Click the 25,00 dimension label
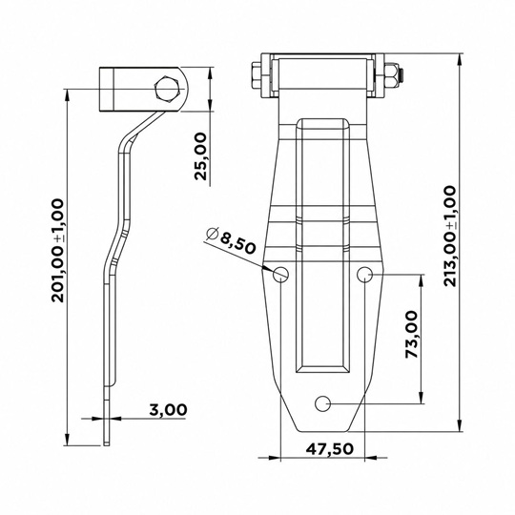(201, 156)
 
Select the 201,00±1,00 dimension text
(58, 250)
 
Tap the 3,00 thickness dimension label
(168, 409)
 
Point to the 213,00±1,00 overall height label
(449, 236)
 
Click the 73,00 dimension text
(412, 335)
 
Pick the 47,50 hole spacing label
(330, 448)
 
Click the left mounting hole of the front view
(280, 274)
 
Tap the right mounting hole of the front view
(365, 274)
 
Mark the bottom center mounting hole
(323, 403)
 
